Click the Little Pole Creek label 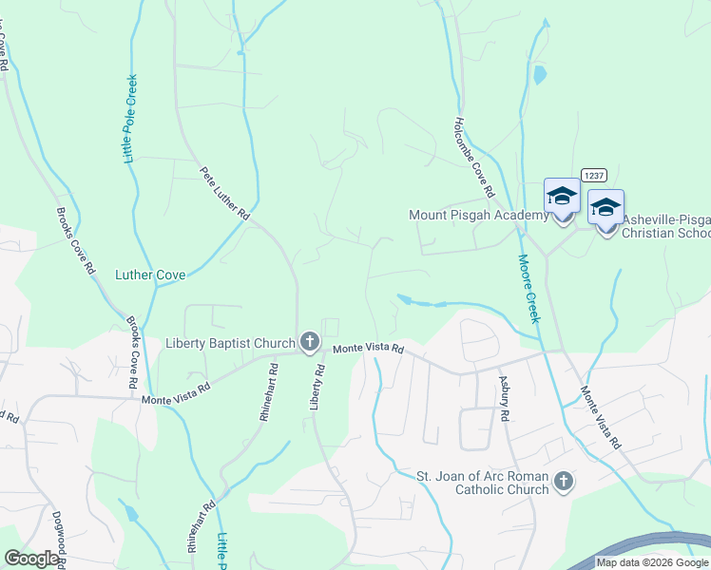coord(131,119)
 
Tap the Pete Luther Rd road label coord(223,195)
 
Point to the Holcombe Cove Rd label coord(474,158)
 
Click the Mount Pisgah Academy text coord(478,216)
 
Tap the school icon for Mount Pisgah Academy coord(562,199)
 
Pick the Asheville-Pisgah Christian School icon coord(605,208)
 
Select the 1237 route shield coord(594,175)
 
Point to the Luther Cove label coord(150,275)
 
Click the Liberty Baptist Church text coord(230,343)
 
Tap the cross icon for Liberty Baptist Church coord(309,342)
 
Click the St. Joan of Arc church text coord(483,483)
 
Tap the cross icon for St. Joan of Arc coord(563,483)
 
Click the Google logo coord(32,559)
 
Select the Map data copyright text coord(652,562)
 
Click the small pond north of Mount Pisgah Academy coord(540,73)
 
